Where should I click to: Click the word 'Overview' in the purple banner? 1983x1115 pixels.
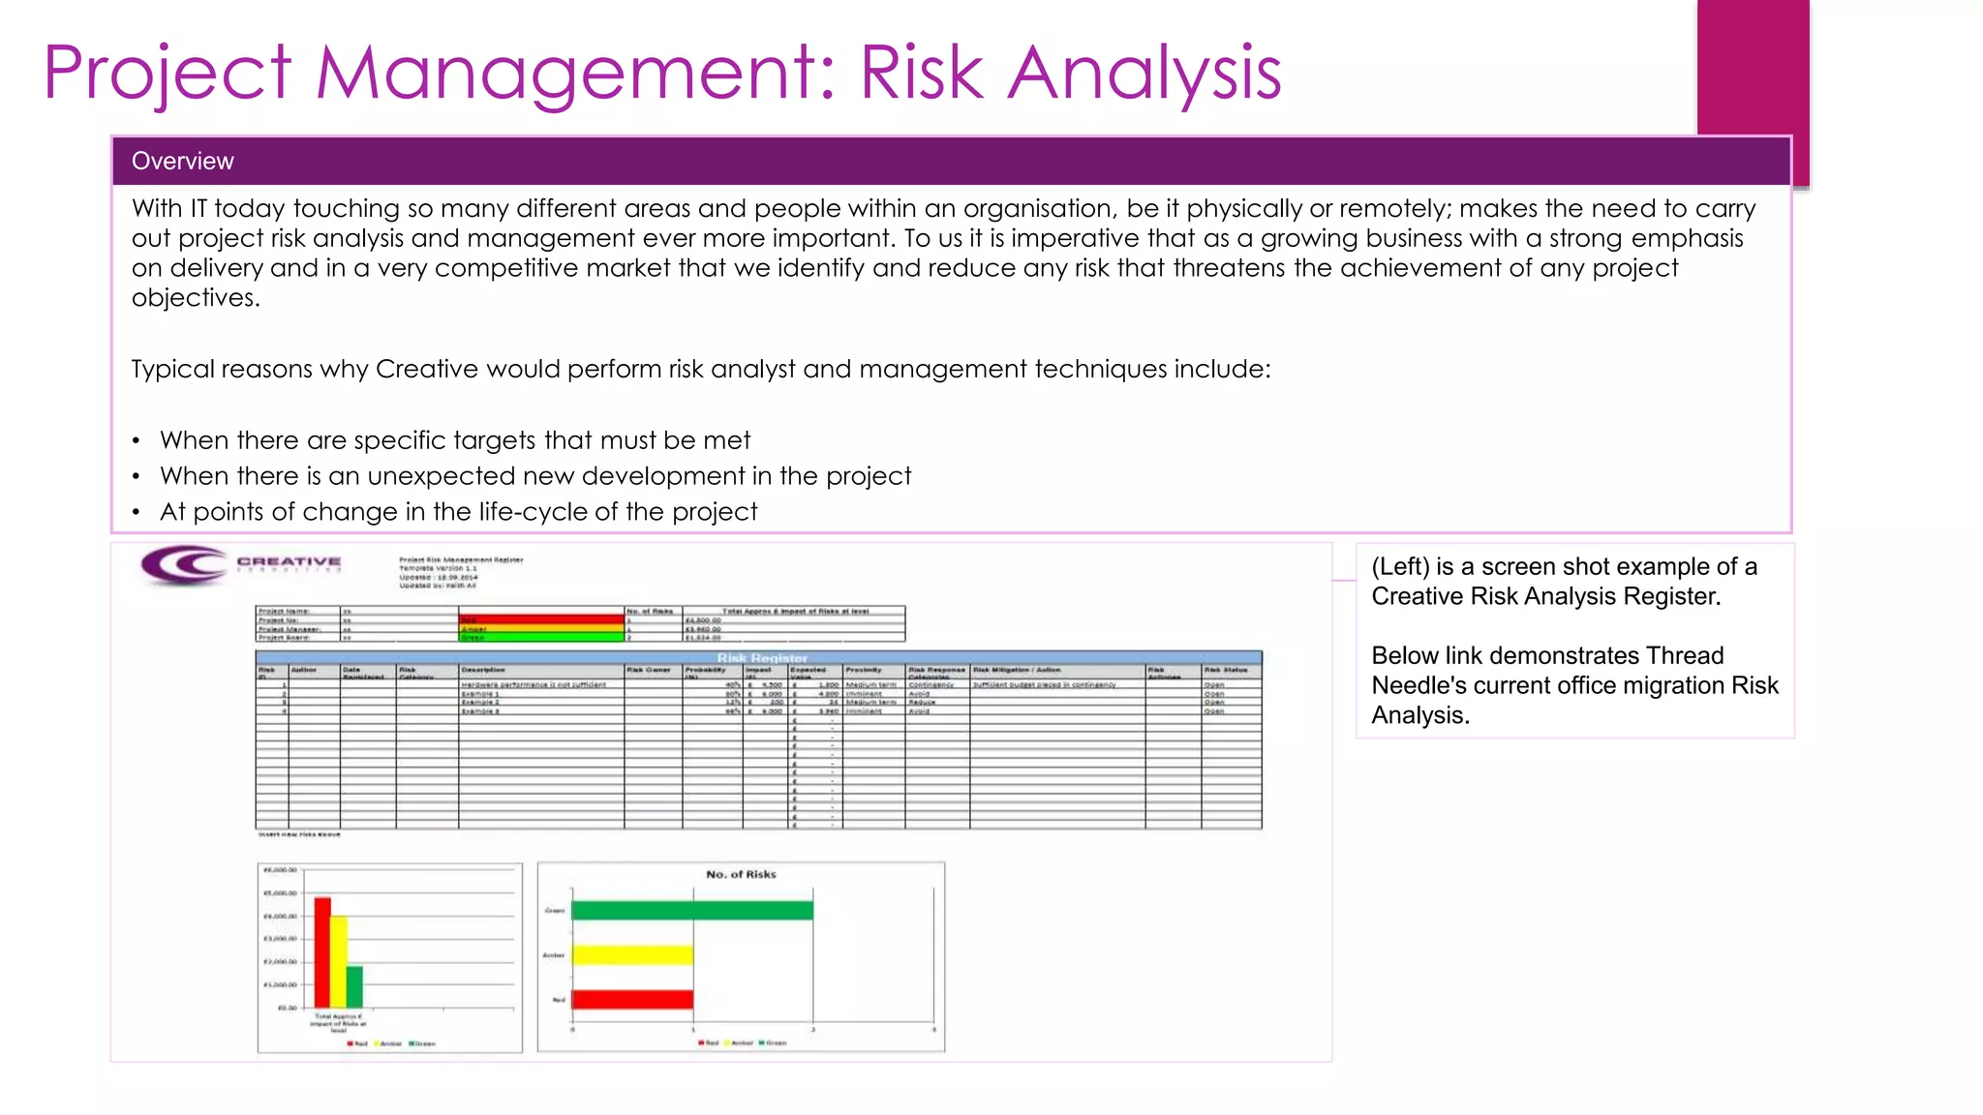tap(182, 162)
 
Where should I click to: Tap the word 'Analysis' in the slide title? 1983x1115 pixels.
tap(1144, 73)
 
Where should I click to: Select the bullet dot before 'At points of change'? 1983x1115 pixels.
tap(137, 513)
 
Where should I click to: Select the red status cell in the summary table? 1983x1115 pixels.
tap(540, 619)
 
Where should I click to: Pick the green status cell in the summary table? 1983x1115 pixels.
tap(540, 638)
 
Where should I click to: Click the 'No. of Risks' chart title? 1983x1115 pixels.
tap(741, 874)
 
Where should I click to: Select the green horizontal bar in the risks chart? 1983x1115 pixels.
tap(691, 910)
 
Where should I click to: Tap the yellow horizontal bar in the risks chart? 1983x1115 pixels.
tap(632, 955)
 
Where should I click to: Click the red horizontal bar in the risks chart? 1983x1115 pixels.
tap(632, 999)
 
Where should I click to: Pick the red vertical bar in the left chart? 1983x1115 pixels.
tap(322, 952)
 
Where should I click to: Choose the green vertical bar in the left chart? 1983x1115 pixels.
tap(354, 986)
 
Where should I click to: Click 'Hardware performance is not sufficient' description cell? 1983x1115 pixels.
tap(534, 684)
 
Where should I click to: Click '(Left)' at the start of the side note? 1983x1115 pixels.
tap(1400, 566)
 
